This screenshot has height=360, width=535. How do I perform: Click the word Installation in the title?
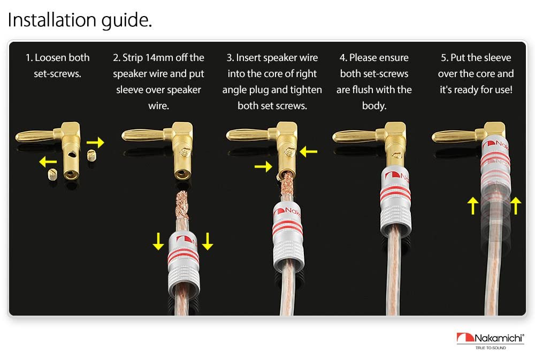[51, 20]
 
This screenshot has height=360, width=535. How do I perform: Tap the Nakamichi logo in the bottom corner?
[490, 338]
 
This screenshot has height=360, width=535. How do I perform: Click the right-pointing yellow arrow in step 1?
[95, 142]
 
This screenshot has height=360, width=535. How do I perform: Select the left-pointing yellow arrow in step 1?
[48, 162]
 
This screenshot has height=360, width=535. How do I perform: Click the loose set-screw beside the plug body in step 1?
[91, 156]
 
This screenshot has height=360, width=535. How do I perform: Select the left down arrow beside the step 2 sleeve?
[158, 241]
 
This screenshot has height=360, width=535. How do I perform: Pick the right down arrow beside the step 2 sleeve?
[208, 241]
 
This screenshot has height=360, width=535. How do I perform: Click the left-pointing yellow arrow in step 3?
[309, 151]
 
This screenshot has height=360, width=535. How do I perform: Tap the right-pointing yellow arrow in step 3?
[263, 166]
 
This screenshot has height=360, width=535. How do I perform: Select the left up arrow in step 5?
[473, 206]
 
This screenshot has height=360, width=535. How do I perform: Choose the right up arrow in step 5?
[516, 206]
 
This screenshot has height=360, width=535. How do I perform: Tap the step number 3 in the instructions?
[229, 57]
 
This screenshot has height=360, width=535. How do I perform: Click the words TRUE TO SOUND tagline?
[491, 348]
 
